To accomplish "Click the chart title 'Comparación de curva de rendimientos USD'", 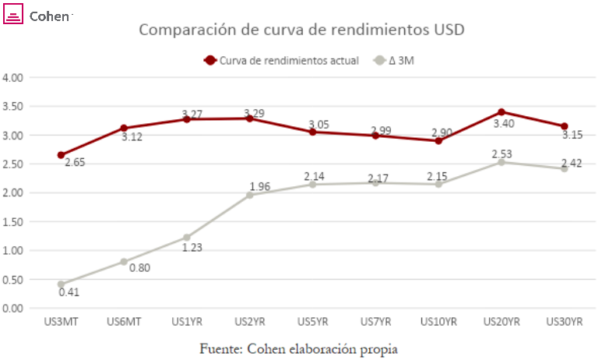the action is pos(301,30).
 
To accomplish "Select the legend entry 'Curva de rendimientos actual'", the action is pos(281,60).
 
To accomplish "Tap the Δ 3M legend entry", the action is pos(394,60).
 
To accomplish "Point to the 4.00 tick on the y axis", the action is pos(12,78).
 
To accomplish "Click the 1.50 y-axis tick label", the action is pos(12,221).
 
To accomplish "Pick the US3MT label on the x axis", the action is pos(61,322).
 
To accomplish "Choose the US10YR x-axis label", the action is pos(438,322).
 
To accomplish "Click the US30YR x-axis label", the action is pos(565,322).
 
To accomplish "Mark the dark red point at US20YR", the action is pos(502,111).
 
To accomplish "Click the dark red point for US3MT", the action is pos(61,155).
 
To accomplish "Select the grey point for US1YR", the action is pos(187,238).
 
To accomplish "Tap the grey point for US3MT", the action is pos(61,284).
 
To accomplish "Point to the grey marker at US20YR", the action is pos(502,162).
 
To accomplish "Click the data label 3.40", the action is pos(504,124).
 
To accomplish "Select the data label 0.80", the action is pos(139,268).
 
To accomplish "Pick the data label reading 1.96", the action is pos(260,187).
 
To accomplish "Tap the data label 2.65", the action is pos(75,163).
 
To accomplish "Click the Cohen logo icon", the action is pos(13,14).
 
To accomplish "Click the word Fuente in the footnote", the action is pos(221,349).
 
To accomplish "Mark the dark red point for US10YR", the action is pos(438,140).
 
